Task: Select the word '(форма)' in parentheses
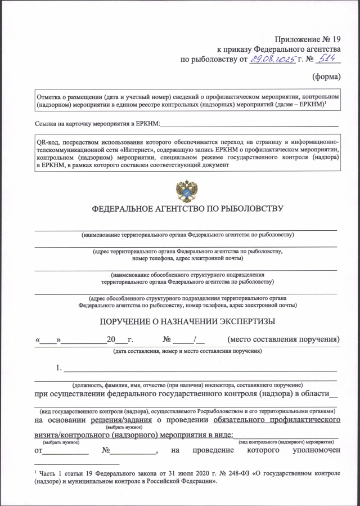[326, 77]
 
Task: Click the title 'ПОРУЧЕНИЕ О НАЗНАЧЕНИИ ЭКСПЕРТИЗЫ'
[187, 321]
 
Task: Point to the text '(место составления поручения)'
[283, 339]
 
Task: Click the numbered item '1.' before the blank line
[58, 369]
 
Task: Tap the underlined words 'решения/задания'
[119, 419]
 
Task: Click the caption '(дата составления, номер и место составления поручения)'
[187, 351]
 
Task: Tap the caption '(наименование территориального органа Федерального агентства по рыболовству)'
[187, 234]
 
